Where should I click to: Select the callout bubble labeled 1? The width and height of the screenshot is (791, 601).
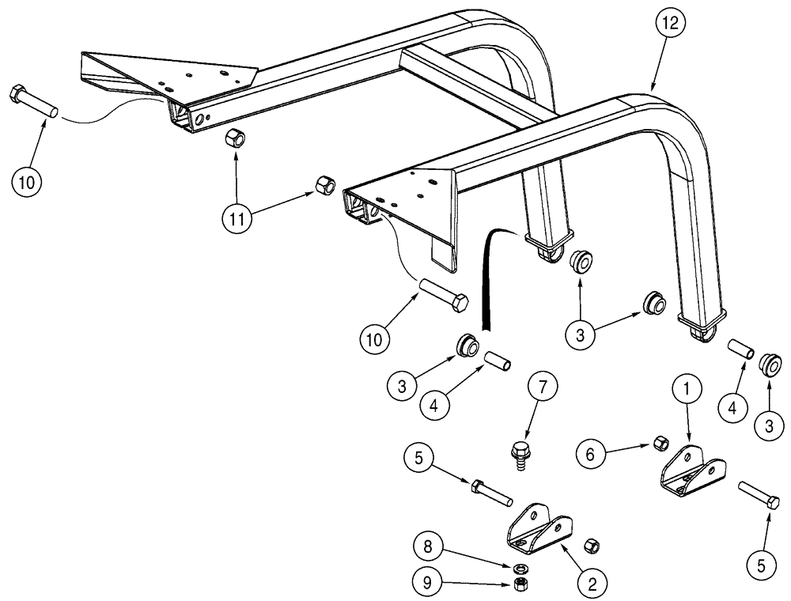[x=687, y=391]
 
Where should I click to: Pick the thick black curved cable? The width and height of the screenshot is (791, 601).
[x=486, y=277]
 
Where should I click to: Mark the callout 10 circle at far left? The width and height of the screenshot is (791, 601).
[x=27, y=181]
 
